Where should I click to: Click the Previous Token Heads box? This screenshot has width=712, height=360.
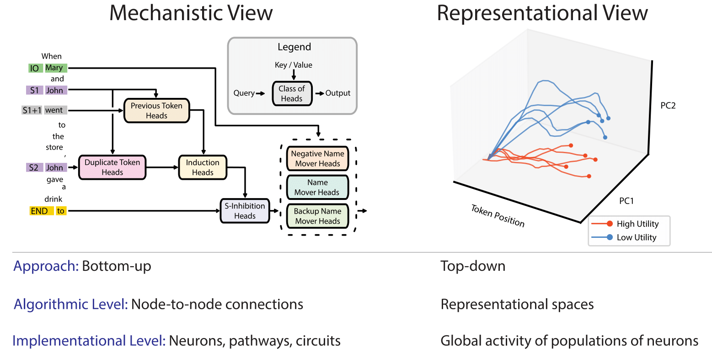click(156, 111)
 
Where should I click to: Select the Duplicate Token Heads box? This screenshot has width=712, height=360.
click(112, 167)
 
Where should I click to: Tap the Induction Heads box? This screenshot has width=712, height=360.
click(203, 167)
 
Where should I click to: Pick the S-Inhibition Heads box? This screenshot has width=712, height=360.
click(245, 211)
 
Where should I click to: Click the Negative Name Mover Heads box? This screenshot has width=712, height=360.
click(317, 159)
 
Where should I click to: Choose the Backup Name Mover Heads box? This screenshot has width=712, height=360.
click(317, 216)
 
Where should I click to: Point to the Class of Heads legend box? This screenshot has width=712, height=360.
click(292, 93)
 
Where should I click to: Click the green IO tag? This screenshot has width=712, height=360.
click(34, 68)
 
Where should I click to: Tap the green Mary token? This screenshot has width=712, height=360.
click(54, 68)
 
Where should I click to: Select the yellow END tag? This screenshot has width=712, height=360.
click(39, 211)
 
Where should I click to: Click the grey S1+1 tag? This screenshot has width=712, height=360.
click(32, 110)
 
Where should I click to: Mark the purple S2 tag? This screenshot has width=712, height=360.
click(34, 167)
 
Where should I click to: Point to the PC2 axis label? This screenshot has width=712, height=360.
click(668, 106)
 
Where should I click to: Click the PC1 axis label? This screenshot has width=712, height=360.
click(626, 201)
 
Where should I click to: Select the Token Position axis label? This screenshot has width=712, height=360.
click(498, 216)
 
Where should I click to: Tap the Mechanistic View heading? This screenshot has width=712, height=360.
click(191, 13)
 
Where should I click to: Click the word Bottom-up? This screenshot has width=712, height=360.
click(116, 266)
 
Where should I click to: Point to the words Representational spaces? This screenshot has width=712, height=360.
click(517, 304)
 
